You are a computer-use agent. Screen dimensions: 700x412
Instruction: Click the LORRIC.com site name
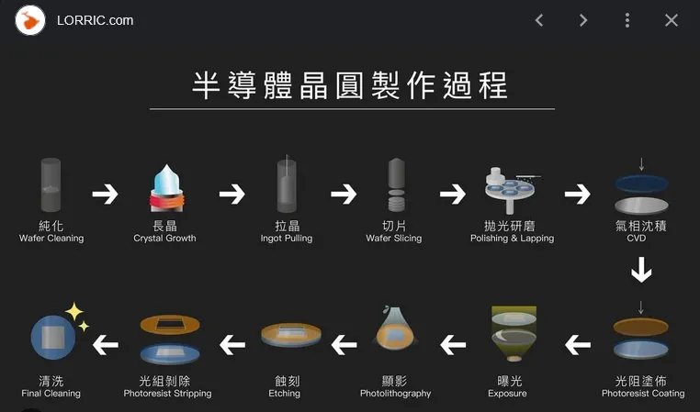coord(96,20)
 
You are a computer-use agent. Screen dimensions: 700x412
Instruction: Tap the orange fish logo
coord(30,20)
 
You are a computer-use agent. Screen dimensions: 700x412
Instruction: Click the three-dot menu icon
coord(627,20)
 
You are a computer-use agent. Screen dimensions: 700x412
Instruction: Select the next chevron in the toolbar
coord(583,20)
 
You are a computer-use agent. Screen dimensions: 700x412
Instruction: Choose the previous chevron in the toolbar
coord(539,20)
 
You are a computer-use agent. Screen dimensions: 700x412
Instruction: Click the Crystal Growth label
coord(164,239)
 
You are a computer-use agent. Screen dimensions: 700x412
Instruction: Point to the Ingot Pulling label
coord(287,239)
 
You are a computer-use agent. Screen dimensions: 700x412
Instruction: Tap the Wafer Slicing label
coord(394,239)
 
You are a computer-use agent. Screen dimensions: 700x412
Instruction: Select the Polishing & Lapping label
coord(512,239)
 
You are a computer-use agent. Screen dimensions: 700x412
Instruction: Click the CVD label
coord(637,238)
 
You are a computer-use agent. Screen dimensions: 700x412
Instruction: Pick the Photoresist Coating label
coord(643,394)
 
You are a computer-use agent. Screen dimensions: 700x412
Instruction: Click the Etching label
coord(285,394)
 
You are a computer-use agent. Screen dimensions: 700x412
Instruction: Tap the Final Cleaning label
coord(51,394)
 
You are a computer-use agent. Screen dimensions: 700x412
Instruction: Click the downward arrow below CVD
coord(641,270)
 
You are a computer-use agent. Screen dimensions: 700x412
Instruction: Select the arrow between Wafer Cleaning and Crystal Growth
coord(105,194)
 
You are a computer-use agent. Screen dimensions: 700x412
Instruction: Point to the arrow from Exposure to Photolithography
coord(453,345)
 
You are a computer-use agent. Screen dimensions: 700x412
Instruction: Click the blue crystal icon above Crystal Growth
coord(166,188)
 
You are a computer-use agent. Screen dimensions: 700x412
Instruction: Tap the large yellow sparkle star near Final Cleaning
coord(74,312)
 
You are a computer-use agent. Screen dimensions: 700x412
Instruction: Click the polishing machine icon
coord(510,190)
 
